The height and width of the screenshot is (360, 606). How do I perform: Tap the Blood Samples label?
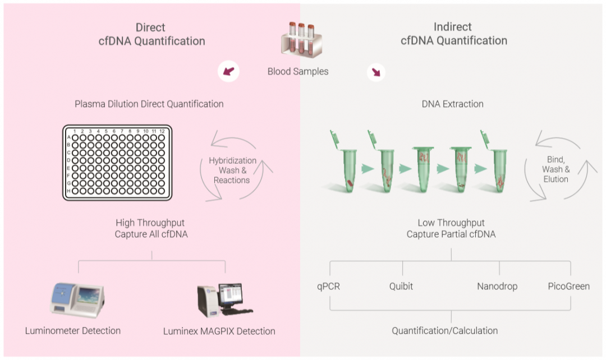pyautogui.click(x=298, y=71)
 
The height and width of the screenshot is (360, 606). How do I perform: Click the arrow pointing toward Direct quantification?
pyautogui.click(x=228, y=71)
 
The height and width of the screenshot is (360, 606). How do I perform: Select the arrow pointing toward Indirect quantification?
pyautogui.click(x=375, y=72)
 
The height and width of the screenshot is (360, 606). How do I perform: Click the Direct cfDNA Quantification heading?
pyautogui.click(x=150, y=34)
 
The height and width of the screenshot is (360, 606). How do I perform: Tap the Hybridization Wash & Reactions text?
pyautogui.click(x=232, y=170)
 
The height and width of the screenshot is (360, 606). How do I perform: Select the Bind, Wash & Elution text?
pyautogui.click(x=555, y=169)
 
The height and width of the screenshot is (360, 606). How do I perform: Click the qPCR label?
pyautogui.click(x=328, y=287)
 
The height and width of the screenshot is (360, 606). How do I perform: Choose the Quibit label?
pyautogui.click(x=401, y=287)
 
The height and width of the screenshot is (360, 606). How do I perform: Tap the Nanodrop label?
pyautogui.click(x=497, y=287)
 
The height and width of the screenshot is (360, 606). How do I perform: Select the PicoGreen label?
pyautogui.click(x=569, y=287)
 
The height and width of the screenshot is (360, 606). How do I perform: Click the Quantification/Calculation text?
pyautogui.click(x=444, y=330)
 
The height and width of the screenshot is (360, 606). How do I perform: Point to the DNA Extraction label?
pyautogui.click(x=452, y=104)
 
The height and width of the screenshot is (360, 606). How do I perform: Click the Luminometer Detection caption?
pyautogui.click(x=73, y=330)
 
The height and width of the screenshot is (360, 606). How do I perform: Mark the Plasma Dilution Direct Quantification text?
pyautogui.click(x=149, y=104)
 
